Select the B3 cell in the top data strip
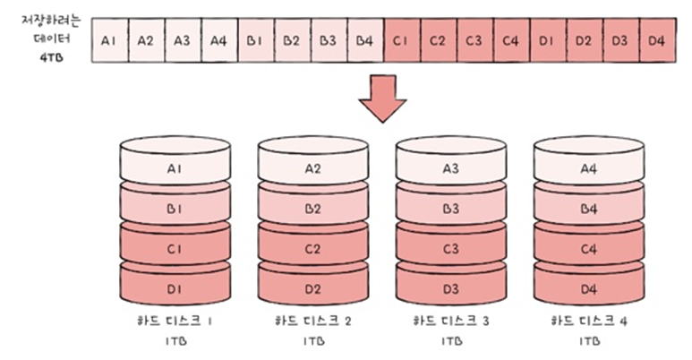click(327, 40)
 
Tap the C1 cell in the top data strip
click(400, 40)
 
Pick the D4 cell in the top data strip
click(656, 40)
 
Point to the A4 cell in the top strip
click(218, 40)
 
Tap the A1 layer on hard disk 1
click(175, 167)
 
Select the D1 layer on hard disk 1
click(175, 288)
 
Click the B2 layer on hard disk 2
click(313, 210)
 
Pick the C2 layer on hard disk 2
click(313, 249)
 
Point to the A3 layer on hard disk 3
click(450, 167)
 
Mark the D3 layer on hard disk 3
click(450, 288)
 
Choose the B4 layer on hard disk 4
click(588, 210)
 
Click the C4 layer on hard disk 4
click(588, 249)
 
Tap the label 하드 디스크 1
click(175, 320)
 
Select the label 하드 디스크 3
click(450, 320)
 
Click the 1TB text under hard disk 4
click(588, 341)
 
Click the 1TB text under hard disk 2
click(313, 341)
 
